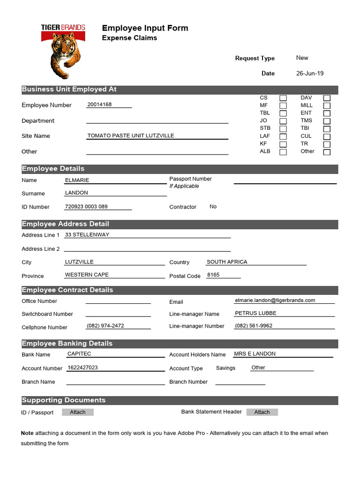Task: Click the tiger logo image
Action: pos(63,52)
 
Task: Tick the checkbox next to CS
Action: pos(283,98)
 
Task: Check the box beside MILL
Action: pos(327,105)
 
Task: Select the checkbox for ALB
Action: pos(283,152)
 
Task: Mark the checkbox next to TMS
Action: pos(327,121)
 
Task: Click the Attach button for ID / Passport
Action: pos(78,412)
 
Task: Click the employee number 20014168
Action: pos(99,105)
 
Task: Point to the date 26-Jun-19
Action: pos(310,73)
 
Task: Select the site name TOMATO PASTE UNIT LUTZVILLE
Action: pos(131,135)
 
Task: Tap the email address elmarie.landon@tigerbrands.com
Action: pos(275,300)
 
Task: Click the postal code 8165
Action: pos(213,275)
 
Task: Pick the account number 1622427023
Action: pos(83,367)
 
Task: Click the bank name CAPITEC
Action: pos(79,354)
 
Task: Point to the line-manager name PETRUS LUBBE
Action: pos(255,313)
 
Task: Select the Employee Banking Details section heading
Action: pos(67,344)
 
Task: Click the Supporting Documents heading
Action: pos(64,400)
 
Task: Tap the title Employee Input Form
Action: pos(145,28)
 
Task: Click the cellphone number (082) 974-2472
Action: pos(105,325)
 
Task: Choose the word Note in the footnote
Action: pos(27,433)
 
